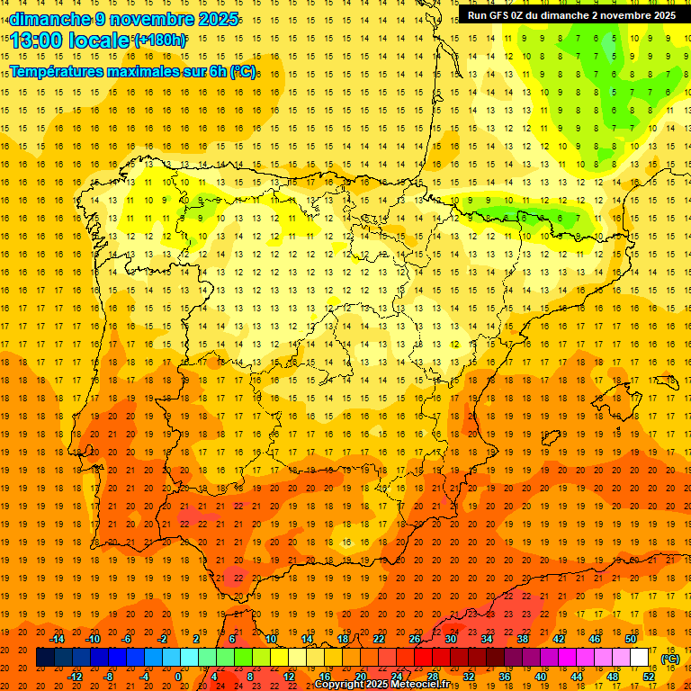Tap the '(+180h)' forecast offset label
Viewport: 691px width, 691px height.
tap(160, 40)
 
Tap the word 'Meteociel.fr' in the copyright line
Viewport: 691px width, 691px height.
tap(419, 685)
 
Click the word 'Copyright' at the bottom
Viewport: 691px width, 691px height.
tap(340, 685)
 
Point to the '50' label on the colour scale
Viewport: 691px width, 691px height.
tap(631, 639)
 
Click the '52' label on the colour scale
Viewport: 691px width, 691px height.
tap(649, 677)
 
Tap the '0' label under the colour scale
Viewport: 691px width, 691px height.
tap(178, 677)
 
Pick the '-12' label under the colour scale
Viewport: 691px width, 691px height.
tap(76, 677)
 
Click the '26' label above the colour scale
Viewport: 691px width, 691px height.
tap(415, 639)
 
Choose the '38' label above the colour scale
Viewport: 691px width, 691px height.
tap(523, 639)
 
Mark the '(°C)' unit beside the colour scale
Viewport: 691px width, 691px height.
tap(670, 658)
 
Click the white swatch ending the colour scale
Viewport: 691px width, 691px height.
tap(640, 658)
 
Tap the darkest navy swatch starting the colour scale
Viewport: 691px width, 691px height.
tap(45, 658)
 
